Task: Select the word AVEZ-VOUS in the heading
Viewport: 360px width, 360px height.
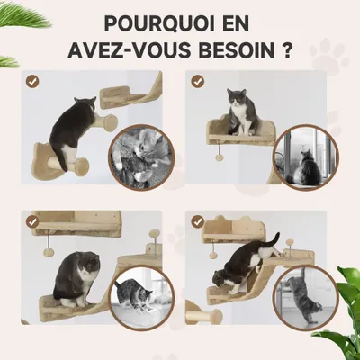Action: (x=130, y=48)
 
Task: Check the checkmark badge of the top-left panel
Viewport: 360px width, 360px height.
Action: (x=32, y=81)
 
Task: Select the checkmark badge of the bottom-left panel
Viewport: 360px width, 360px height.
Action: (x=32, y=220)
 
